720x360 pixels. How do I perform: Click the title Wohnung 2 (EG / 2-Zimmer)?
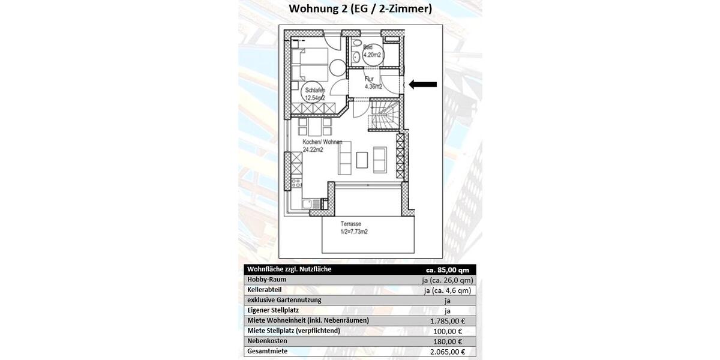(x=360, y=9)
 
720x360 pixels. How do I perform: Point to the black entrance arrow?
(x=423, y=85)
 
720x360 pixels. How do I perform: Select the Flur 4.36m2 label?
(x=373, y=82)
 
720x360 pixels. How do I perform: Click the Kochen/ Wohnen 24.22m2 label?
(x=323, y=146)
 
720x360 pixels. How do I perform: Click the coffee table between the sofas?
(x=362, y=160)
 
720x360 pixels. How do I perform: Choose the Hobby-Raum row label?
(x=266, y=280)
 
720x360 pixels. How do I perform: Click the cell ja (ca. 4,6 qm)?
(x=447, y=290)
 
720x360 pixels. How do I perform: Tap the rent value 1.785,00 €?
(x=447, y=320)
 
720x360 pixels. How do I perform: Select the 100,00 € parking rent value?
(x=447, y=331)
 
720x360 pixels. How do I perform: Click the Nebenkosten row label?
(x=267, y=341)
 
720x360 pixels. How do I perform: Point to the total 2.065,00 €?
(x=447, y=352)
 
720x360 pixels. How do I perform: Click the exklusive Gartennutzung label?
(x=284, y=300)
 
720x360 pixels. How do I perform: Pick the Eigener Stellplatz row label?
(x=273, y=310)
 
